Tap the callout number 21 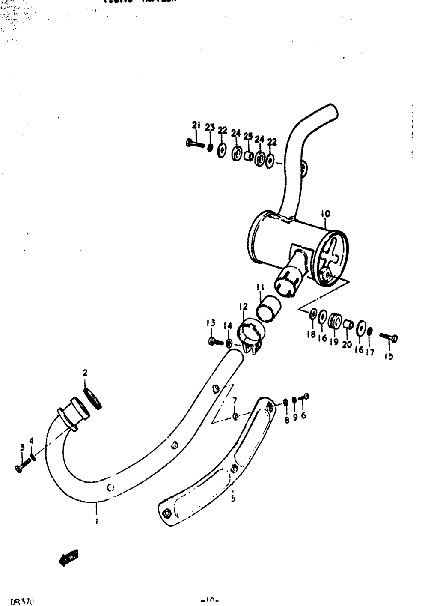click(x=196, y=125)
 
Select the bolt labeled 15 click(x=389, y=338)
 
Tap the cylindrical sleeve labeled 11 click(x=269, y=307)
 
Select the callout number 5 click(x=233, y=499)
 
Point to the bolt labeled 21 click(x=195, y=143)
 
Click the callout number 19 click(x=334, y=342)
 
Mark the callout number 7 click(x=234, y=400)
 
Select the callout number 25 click(x=248, y=137)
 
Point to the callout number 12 click(x=243, y=307)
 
